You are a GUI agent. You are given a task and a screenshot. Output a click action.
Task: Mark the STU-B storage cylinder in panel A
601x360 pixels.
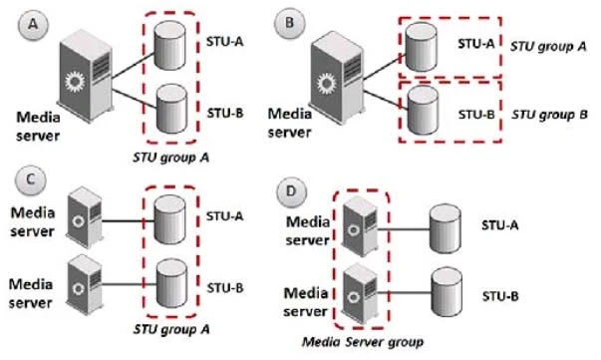172,110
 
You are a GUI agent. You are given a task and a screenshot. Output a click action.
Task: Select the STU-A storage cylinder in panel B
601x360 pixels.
423,39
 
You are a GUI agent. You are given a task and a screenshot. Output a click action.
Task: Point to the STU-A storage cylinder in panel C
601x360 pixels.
172,213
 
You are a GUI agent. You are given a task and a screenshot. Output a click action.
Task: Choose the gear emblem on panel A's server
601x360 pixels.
71,79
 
